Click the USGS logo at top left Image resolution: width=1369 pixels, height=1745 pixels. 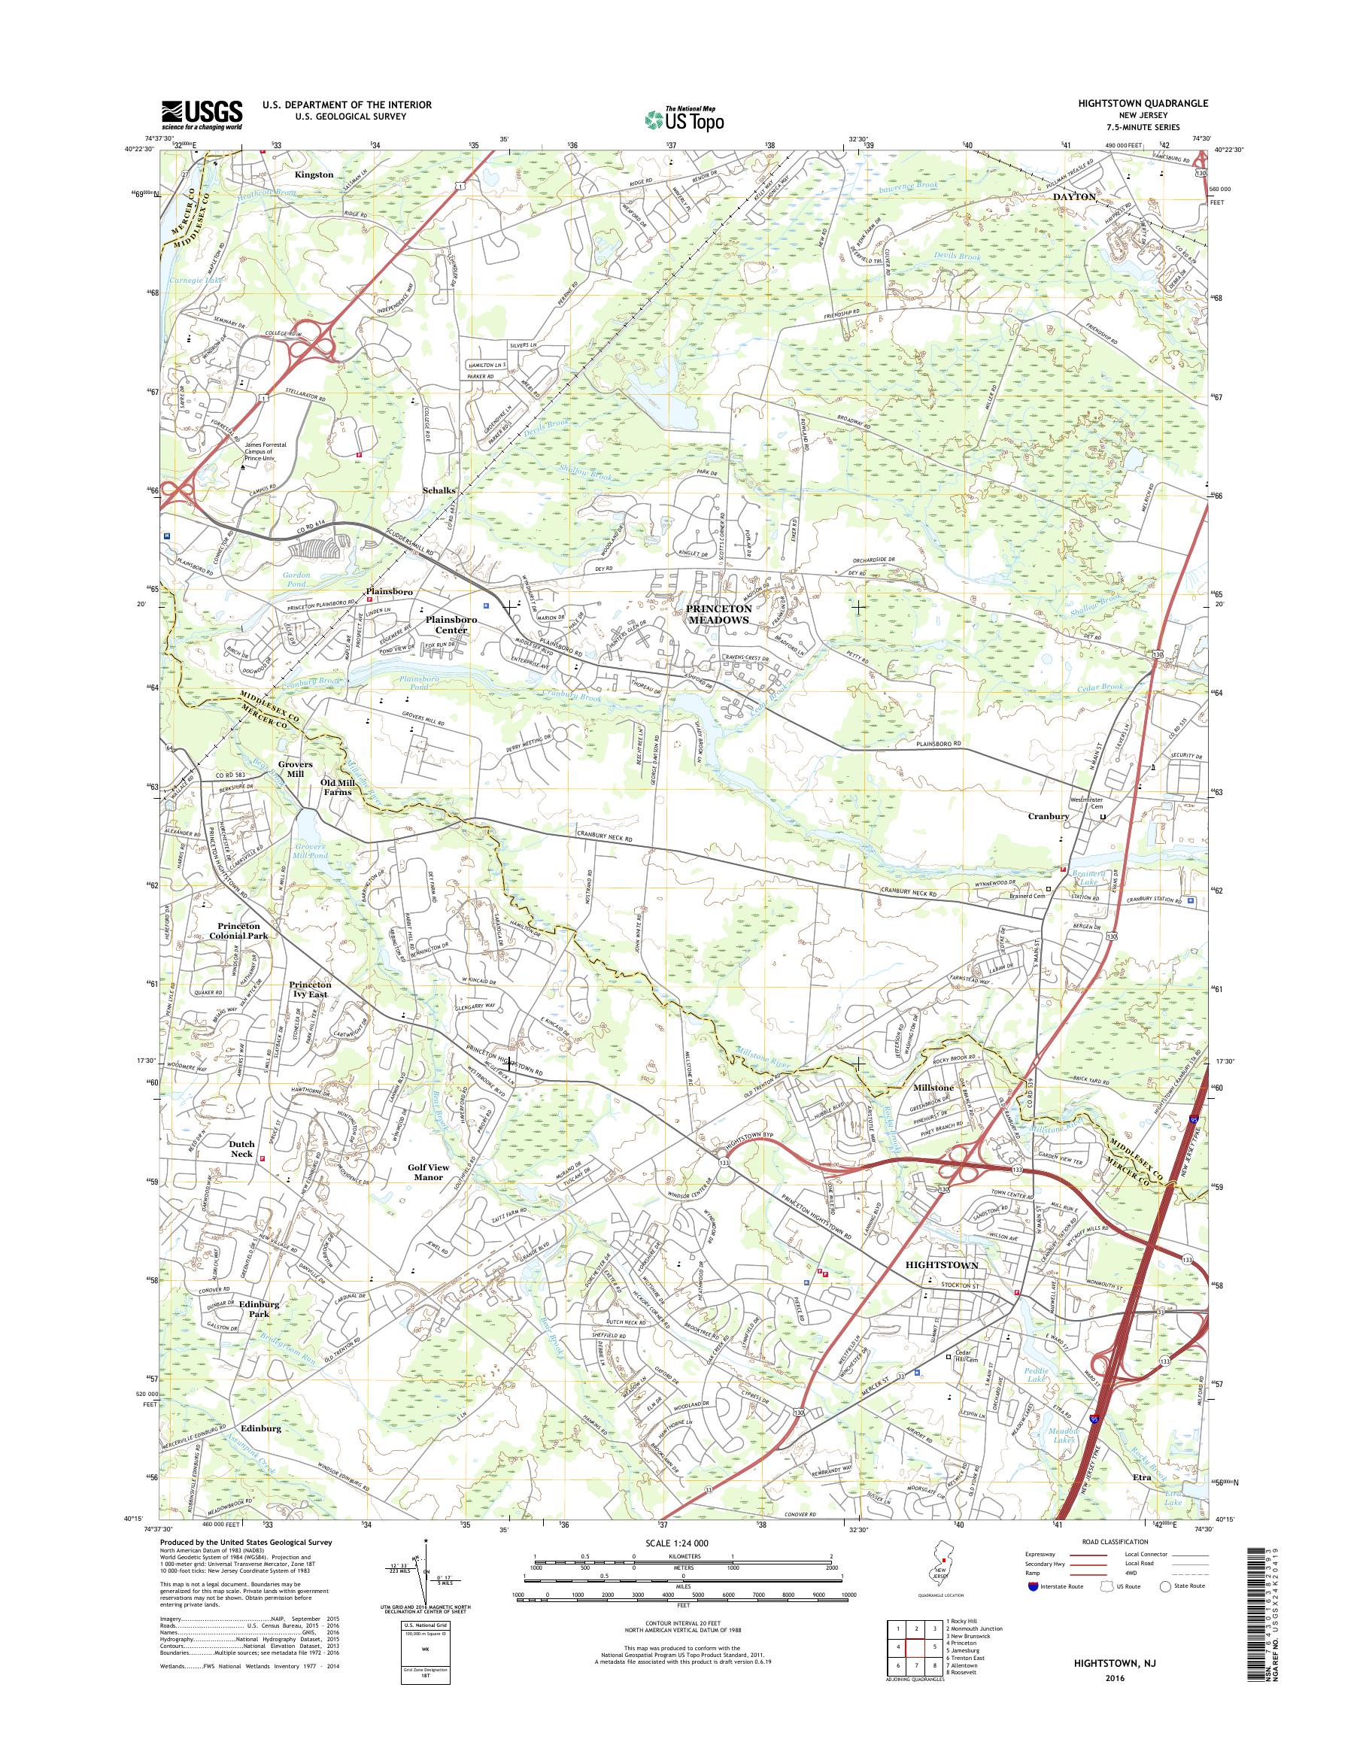(202, 114)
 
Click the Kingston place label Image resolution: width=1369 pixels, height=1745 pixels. (314, 174)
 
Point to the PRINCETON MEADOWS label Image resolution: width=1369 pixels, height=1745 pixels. (718, 615)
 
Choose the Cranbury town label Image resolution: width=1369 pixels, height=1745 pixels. (1049, 816)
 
